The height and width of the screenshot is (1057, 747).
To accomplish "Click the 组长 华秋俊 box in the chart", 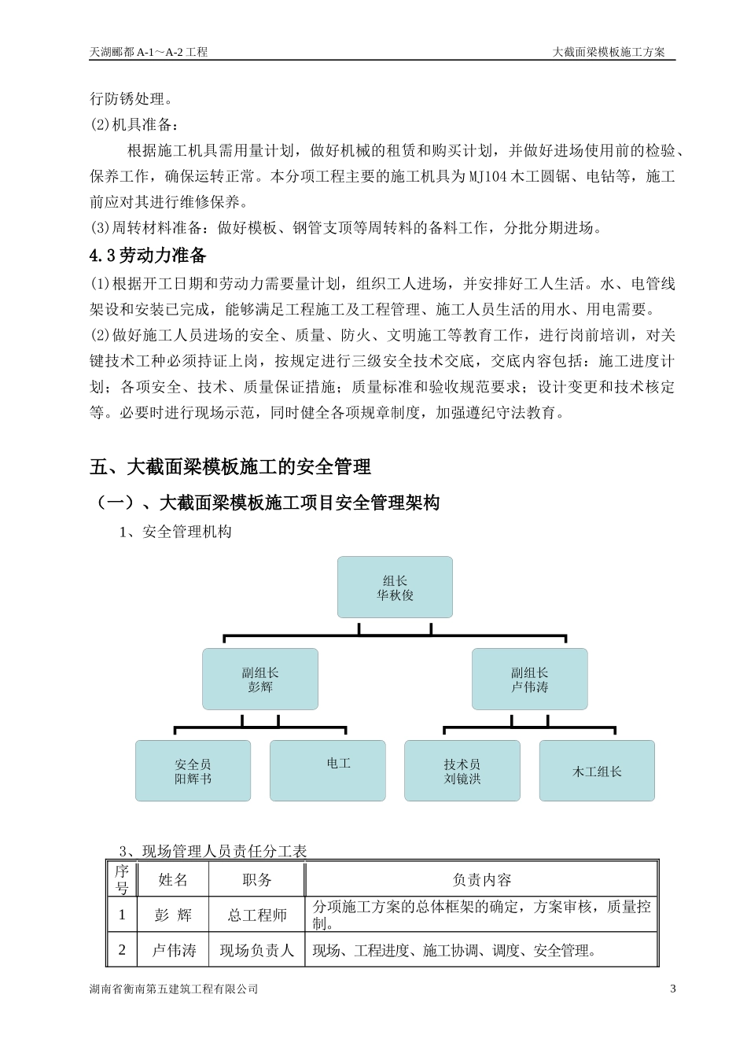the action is [395, 587].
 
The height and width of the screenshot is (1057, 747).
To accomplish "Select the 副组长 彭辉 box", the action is [260, 679].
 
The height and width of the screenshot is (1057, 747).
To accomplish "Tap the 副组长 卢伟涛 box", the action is [529, 679].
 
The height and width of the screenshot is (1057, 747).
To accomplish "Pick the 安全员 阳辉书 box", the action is [193, 771].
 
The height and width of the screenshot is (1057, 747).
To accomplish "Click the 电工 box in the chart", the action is [328, 771].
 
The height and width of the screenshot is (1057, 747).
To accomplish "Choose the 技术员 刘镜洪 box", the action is [462, 771].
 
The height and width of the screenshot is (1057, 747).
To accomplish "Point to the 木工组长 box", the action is [597, 771].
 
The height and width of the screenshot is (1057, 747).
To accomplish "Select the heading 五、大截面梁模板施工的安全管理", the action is [230, 467].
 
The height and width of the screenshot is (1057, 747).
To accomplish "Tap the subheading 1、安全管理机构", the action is [175, 532].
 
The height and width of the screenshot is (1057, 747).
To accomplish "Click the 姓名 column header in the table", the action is [173, 879].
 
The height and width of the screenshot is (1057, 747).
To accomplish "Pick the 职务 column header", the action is [256, 879].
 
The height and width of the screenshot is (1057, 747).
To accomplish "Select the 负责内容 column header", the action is [481, 879].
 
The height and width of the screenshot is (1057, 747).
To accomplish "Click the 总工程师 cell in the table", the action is [256, 915].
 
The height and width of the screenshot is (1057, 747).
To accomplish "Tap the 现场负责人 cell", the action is [256, 950].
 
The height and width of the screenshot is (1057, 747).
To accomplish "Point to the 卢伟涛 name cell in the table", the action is [173, 950].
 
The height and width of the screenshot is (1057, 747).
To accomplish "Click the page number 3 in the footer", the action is [672, 989].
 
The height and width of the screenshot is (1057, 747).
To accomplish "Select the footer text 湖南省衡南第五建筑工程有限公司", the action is [174, 989].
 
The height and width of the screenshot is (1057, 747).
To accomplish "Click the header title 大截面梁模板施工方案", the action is [609, 52].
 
